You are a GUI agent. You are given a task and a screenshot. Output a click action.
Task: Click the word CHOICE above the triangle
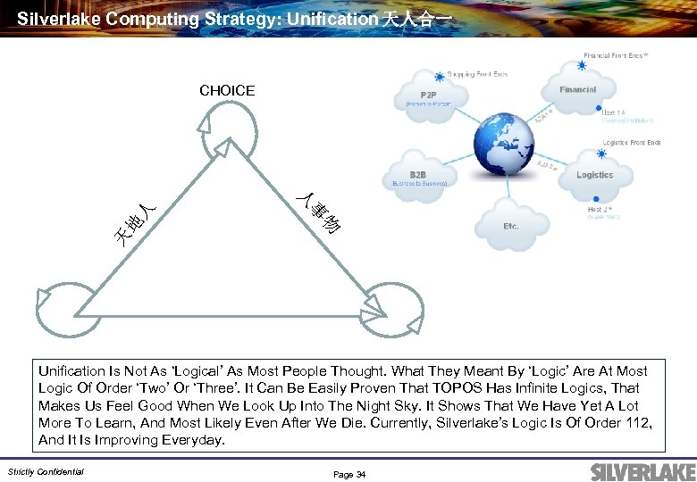[227, 90]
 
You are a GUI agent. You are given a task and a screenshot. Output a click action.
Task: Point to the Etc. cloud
[510, 226]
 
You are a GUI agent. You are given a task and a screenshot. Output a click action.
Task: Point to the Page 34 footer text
[349, 474]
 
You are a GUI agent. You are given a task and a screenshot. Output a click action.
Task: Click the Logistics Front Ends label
[632, 143]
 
